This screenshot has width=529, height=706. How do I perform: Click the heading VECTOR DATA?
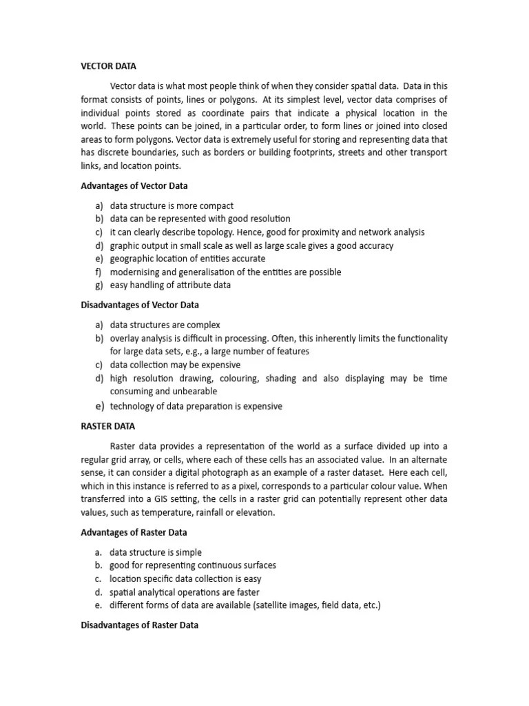point(109,66)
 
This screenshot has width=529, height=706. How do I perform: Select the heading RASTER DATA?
point(108,426)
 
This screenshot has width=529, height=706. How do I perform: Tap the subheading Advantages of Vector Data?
point(134,185)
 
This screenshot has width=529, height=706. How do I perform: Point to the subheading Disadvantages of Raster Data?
point(140,625)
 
